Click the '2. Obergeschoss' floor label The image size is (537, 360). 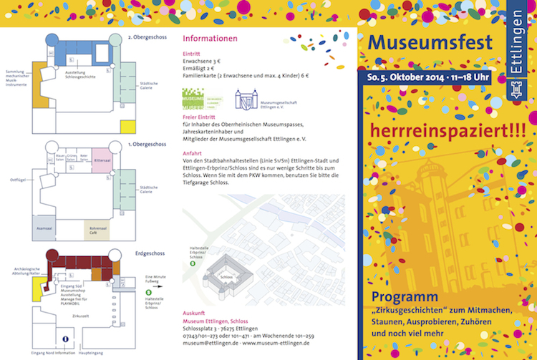point(145,37)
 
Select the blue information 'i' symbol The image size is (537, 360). point(66,339)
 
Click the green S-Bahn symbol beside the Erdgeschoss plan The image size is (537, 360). point(148,291)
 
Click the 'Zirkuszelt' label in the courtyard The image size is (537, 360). point(81,316)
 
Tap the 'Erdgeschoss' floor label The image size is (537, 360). point(149,253)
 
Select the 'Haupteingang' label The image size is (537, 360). point(91,354)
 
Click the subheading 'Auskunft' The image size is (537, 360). point(195,312)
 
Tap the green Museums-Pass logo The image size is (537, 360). point(198,98)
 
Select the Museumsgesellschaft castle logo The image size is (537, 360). point(248,98)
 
